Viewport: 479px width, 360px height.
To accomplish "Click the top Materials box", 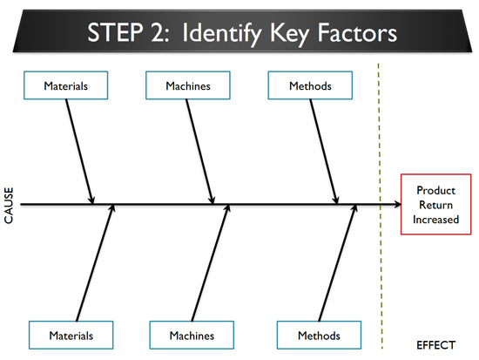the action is click(x=65, y=85).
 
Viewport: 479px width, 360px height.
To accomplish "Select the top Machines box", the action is click(x=188, y=85).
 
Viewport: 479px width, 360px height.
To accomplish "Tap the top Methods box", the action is click(x=310, y=85).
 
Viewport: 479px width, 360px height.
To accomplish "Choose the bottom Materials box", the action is click(x=71, y=335).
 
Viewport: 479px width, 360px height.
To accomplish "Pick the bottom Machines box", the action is click(x=192, y=335).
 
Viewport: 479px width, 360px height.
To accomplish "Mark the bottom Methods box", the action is click(x=319, y=335).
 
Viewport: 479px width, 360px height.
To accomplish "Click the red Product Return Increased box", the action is click(x=436, y=204).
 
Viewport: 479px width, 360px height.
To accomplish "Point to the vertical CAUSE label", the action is click(x=9, y=205).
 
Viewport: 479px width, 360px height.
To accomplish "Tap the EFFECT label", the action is click(x=435, y=345).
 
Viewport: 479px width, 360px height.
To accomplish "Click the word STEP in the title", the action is click(x=115, y=32).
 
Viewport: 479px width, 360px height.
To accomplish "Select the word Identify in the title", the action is click(x=222, y=34).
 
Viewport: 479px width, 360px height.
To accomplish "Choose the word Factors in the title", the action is click(x=357, y=32).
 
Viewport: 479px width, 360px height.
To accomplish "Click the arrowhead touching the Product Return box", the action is click(x=397, y=204).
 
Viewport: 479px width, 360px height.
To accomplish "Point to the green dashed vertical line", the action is click(x=381, y=207).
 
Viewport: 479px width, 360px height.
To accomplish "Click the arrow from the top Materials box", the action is click(x=80, y=152).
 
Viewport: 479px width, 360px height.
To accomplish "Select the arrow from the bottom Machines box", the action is click(x=211, y=262).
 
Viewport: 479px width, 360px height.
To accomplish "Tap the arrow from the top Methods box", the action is click(x=324, y=152).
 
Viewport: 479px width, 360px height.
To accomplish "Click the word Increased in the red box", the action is click(x=436, y=220).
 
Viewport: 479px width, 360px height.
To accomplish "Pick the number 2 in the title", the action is click(x=158, y=32).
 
